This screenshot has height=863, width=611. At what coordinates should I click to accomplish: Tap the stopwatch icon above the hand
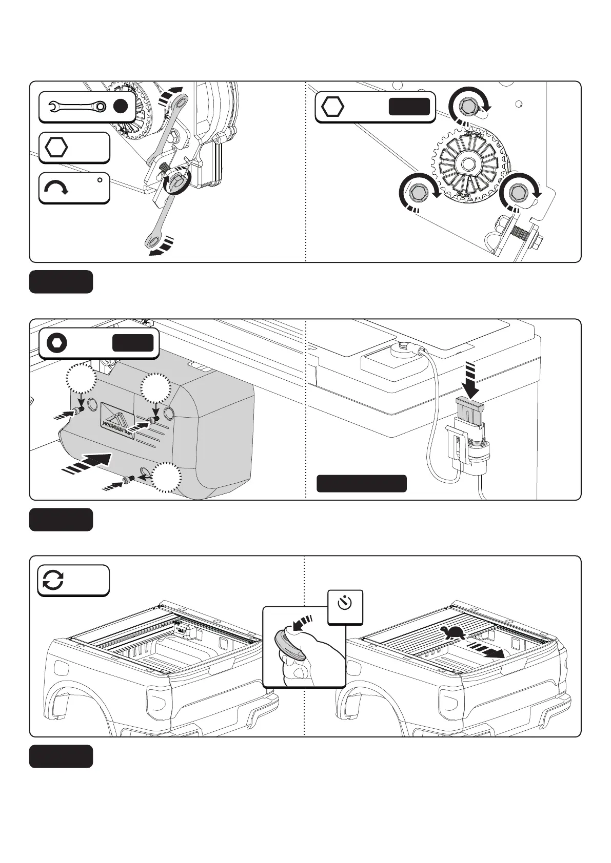click(x=345, y=604)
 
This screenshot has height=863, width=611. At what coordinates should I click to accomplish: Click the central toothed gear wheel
click(x=468, y=164)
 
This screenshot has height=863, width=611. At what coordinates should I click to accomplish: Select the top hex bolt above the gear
click(x=467, y=107)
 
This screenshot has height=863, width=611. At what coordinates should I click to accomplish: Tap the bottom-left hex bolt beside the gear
click(x=418, y=192)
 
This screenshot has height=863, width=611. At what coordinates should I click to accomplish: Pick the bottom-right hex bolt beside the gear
click(x=518, y=192)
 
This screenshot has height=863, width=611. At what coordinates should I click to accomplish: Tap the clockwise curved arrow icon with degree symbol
click(x=56, y=189)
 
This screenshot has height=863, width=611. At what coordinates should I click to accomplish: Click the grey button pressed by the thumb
click(x=289, y=644)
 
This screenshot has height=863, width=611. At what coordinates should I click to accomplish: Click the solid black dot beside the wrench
click(x=120, y=107)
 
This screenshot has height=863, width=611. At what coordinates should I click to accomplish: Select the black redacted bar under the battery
click(x=362, y=483)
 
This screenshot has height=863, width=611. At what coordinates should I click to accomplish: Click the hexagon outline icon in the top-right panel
click(x=332, y=107)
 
